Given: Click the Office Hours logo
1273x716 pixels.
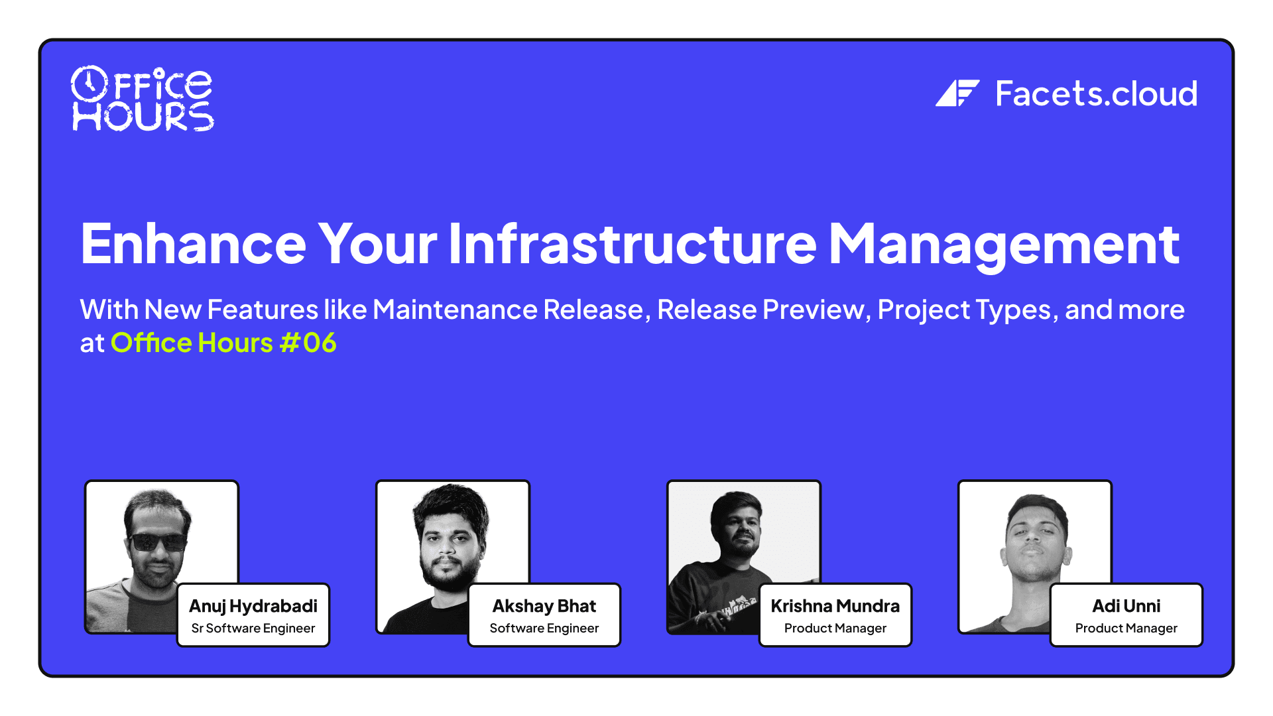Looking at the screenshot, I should pyautogui.click(x=143, y=99).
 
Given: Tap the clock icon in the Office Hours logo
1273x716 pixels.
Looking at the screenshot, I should pyautogui.click(x=89, y=83).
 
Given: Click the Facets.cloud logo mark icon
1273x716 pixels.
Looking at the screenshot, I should pyautogui.click(x=957, y=93).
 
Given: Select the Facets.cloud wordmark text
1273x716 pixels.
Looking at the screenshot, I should pyautogui.click(x=1096, y=93).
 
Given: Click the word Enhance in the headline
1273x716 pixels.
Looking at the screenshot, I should pyautogui.click(x=193, y=244).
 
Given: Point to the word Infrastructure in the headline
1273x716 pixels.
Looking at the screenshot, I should pyautogui.click(x=632, y=244).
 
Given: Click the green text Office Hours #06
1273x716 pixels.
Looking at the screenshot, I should pyautogui.click(x=223, y=343).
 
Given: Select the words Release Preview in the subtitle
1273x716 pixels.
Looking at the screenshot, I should pyautogui.click(x=760, y=310).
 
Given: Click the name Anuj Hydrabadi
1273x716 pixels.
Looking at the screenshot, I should pyautogui.click(x=253, y=606).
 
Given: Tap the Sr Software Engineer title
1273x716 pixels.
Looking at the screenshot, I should pyautogui.click(x=253, y=628).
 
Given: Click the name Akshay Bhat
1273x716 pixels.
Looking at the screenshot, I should pyautogui.click(x=544, y=606).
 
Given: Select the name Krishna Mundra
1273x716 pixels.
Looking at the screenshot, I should pyautogui.click(x=835, y=606).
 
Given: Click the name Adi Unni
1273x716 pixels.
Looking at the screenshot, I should pyautogui.click(x=1126, y=606).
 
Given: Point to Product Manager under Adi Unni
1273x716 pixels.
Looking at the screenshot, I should pyautogui.click(x=1126, y=628).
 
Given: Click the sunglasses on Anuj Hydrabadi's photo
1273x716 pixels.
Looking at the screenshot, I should pyautogui.click(x=158, y=542).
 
